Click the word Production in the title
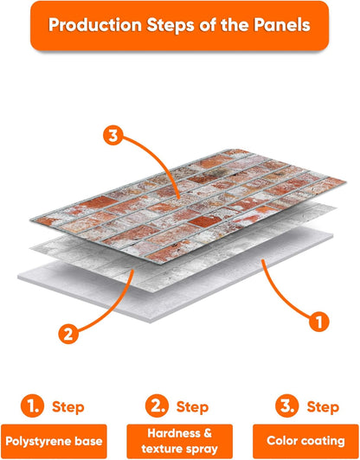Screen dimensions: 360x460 pyautogui.click(x=95, y=25)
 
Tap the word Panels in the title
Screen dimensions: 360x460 pyautogui.click(x=282, y=25)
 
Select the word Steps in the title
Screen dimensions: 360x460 pyautogui.click(x=170, y=26)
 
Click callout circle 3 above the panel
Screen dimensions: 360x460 pyautogui.click(x=113, y=136)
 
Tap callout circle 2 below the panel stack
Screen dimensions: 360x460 pyautogui.click(x=68, y=334)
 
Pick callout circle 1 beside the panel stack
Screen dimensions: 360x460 pyautogui.click(x=319, y=322)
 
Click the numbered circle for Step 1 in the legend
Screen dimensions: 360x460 pyautogui.click(x=32, y=406)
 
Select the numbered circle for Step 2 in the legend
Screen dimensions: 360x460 pyautogui.click(x=157, y=406)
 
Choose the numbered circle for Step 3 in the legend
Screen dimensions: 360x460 pyautogui.click(x=287, y=406)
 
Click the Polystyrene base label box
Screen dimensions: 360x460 pyautogui.click(x=54, y=441)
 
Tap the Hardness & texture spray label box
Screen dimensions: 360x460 pyautogui.click(x=180, y=441)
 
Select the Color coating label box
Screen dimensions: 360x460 pyautogui.click(x=305, y=441)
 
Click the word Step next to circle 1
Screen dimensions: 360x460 pyautogui.click(x=68, y=407)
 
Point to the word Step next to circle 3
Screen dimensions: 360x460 pyautogui.click(x=323, y=407)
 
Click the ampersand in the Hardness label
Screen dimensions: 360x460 pyautogui.click(x=208, y=433)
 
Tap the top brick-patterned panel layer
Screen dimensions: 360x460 pyautogui.click(x=188, y=206)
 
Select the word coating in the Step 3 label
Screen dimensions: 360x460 pyautogui.click(x=326, y=441)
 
